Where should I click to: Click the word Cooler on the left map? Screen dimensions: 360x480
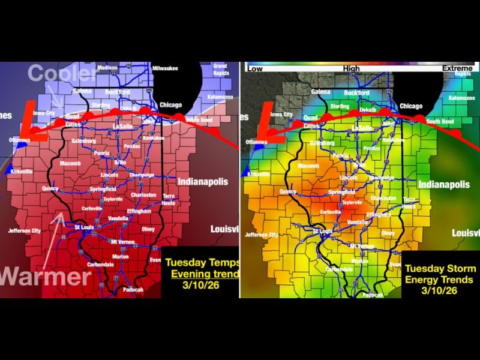point(61,74)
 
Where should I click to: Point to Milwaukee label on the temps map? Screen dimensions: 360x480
point(165,68)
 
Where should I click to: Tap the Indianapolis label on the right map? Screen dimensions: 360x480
point(445,185)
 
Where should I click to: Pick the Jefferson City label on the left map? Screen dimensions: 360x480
point(25,230)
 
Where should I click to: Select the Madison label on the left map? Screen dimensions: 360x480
point(107,68)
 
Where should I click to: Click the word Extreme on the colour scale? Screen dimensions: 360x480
point(457,68)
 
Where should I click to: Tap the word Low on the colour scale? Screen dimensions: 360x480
point(255,68)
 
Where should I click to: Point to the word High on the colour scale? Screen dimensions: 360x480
point(352,68)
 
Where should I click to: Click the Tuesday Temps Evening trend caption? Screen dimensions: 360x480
point(202,274)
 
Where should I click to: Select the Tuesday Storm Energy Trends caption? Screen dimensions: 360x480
point(440,279)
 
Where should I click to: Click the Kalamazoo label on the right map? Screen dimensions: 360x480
point(461,97)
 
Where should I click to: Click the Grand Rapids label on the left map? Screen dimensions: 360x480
point(220,68)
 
